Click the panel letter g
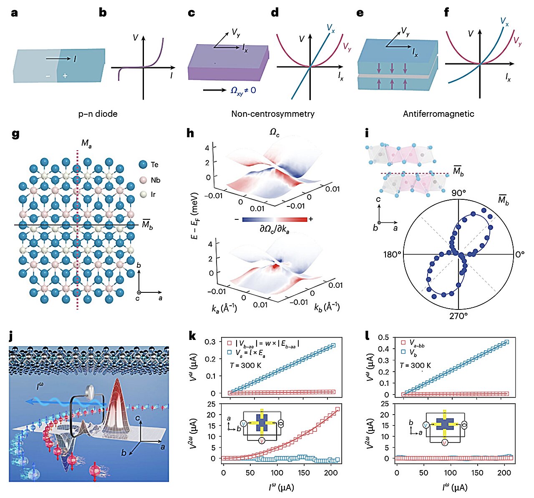coord(15,134)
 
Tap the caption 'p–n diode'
coord(98,113)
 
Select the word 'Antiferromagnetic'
coord(438,113)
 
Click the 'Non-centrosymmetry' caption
coord(273,113)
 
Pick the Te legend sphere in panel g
coord(143,164)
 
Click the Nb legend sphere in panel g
coord(143,180)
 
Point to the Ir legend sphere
coord(143,194)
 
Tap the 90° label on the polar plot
coord(458,193)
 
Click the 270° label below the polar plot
coord(458,316)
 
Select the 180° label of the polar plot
coord(392,254)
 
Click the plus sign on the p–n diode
coord(65,76)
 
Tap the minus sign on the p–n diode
coord(48,76)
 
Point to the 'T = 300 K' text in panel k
coord(246,365)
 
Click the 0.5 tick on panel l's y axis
coord(383,337)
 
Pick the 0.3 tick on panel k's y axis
coord(211,342)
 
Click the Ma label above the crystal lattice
coord(86,144)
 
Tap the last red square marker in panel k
coord(337,409)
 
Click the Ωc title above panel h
coord(274,132)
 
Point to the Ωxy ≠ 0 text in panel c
coord(243,90)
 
